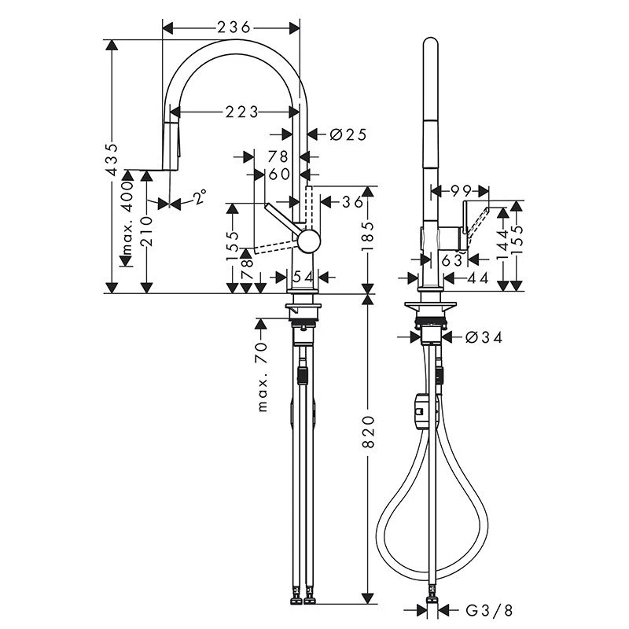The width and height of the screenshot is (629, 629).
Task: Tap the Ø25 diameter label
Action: tap(348, 134)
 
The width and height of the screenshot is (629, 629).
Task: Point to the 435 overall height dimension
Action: tap(113, 159)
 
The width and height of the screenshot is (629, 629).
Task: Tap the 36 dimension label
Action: tap(353, 202)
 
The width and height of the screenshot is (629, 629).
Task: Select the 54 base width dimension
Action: tap(303, 277)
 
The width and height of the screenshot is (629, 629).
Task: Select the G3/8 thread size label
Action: tap(487, 609)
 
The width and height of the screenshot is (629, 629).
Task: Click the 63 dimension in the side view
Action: tap(451, 260)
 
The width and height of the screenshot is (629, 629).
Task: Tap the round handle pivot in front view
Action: tap(307, 241)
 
